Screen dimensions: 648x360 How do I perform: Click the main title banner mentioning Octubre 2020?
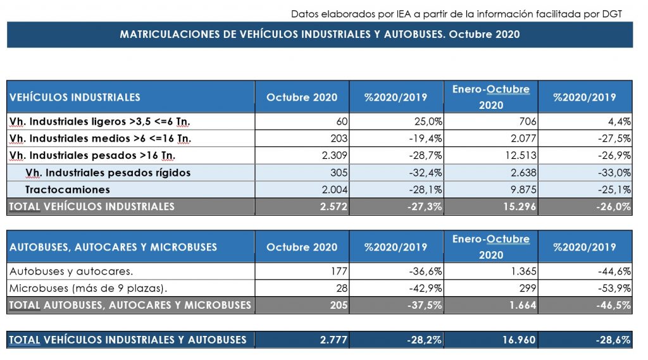point(320,34)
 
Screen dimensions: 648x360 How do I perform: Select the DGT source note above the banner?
point(456,14)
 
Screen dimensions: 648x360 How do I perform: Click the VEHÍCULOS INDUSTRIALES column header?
point(75,97)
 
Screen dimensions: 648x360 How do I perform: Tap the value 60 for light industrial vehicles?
point(342,121)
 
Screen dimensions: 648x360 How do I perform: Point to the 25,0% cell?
point(428,121)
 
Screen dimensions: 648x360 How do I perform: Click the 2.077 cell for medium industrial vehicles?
point(523,139)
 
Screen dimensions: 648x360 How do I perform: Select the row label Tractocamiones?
point(68,190)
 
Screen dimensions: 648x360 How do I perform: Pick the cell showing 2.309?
point(335,156)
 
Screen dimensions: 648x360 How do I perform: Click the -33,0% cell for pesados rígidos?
point(614,173)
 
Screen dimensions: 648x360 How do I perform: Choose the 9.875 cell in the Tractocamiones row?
point(523,190)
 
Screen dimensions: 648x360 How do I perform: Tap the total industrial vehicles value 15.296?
point(520,207)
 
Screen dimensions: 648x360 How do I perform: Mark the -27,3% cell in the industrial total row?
point(425,207)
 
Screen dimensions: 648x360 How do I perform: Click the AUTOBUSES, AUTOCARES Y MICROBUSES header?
point(113,247)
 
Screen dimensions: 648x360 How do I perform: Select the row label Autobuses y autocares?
point(71,271)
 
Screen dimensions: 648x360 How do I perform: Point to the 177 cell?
point(339,271)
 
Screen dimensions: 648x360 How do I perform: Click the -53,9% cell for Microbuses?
point(614,288)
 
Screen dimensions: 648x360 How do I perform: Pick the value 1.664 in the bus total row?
point(523,306)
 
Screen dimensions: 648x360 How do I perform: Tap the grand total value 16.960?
point(520,340)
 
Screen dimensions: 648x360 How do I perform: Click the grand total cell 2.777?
point(334,340)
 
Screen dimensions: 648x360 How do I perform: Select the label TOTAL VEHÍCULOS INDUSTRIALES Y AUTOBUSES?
point(128,340)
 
